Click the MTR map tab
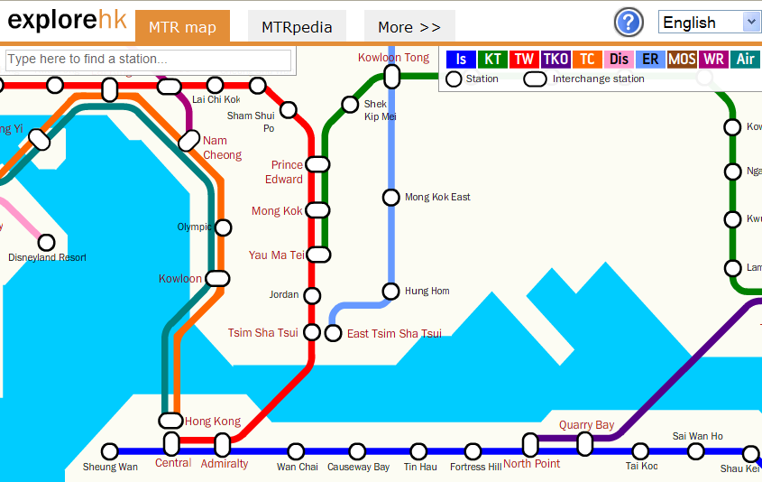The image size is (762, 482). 182,27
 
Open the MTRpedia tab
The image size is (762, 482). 297,27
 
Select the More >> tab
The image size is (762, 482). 409,27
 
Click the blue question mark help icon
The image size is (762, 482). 629,23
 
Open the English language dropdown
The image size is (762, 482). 710,23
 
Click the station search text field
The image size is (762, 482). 149,60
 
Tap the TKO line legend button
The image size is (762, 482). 555,60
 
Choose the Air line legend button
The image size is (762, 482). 745,60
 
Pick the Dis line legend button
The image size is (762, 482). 619,60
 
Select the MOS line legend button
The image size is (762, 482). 682,60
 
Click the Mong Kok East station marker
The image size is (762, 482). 390,197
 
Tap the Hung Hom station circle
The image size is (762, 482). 390,291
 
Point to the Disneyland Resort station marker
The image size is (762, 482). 46,242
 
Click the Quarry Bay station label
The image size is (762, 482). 586,425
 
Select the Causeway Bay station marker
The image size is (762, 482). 358,451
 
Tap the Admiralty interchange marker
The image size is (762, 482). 223,445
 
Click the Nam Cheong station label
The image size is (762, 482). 222,147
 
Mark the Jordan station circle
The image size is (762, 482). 312,295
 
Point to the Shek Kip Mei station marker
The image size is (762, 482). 350,105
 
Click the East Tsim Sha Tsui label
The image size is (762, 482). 394,334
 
